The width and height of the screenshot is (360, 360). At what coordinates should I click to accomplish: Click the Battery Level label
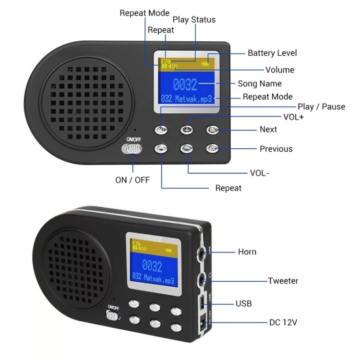tap(272, 53)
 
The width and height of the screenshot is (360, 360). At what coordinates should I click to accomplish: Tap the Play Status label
tap(194, 20)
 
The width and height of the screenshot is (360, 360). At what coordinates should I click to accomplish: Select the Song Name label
tap(260, 84)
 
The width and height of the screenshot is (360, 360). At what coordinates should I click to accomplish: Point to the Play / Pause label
tap(321, 107)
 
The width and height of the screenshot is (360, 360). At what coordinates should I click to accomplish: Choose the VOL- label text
tap(259, 173)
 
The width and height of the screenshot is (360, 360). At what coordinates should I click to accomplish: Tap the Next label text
tap(268, 129)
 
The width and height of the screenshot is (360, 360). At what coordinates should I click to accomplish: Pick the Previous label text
tap(276, 149)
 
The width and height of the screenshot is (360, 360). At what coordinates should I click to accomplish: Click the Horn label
tap(247, 252)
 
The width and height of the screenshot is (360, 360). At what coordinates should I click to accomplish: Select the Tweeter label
tap(283, 281)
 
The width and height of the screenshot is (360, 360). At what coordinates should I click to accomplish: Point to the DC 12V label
tap(283, 322)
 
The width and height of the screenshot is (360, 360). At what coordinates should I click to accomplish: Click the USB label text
tap(243, 303)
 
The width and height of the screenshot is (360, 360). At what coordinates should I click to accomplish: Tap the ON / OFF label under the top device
tap(132, 180)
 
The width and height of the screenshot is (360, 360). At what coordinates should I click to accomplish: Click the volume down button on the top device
tap(187, 149)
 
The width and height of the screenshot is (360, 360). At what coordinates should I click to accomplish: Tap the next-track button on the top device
tap(213, 130)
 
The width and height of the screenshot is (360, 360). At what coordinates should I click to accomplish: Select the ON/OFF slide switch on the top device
tap(132, 149)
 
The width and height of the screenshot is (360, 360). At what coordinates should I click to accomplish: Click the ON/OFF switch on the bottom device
tap(113, 315)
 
